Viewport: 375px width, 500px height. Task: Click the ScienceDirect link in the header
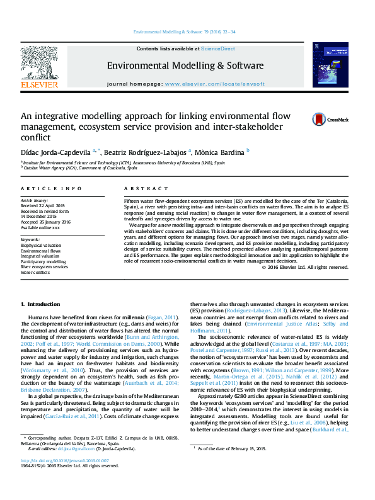[218, 48]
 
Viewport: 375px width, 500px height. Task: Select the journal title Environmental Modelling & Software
[185, 65]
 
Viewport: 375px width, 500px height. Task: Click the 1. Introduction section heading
[41, 304]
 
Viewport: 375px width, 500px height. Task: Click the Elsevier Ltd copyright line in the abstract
[305, 267]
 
